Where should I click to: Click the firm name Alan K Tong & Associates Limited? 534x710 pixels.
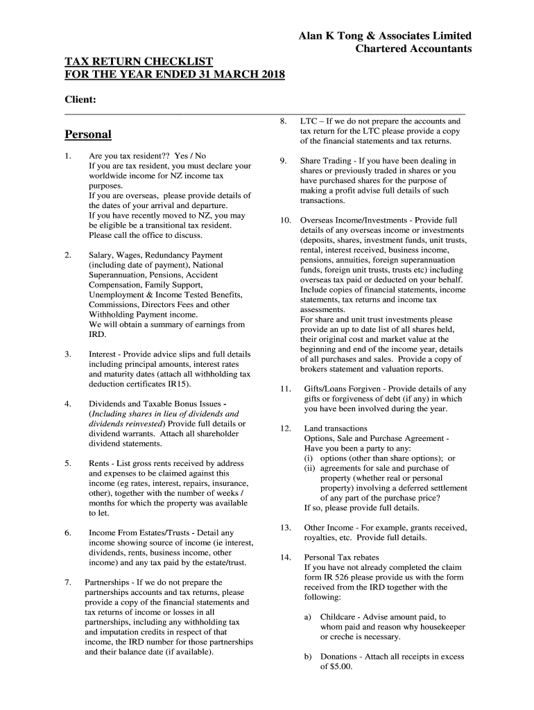point(385,35)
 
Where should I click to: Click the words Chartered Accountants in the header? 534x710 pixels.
point(413,49)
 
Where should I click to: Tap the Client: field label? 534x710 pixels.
point(80,100)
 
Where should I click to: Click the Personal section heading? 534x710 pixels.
point(88,134)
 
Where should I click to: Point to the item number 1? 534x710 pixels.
point(67,156)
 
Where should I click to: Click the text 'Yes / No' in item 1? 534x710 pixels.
point(190,156)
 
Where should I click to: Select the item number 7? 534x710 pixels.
point(67,582)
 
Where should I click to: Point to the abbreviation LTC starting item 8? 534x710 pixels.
point(309,121)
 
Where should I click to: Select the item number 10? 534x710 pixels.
point(285,220)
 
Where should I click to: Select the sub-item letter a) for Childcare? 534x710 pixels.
point(308,616)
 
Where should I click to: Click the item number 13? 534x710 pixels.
point(285,528)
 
